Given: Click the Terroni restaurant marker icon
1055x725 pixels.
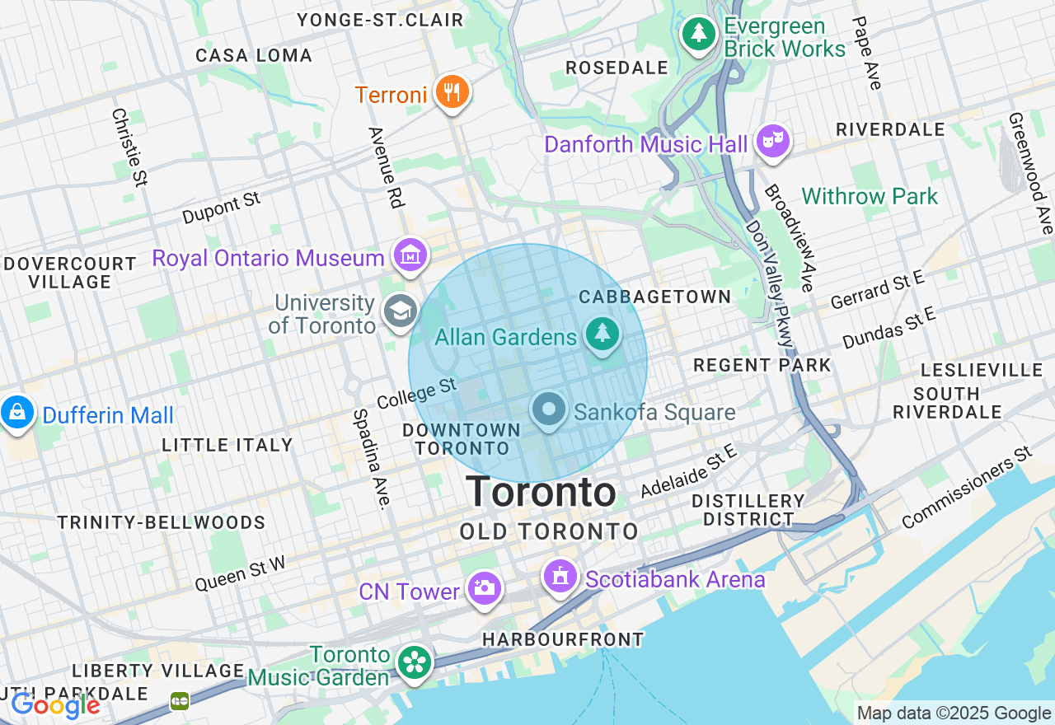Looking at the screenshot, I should pos(451,91).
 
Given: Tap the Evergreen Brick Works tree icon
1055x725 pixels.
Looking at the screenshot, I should pos(699,34).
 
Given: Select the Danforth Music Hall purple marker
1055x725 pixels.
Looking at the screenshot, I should pos(772,141).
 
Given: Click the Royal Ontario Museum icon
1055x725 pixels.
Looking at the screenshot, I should pos(410,256).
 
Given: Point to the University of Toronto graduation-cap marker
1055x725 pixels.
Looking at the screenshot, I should pos(401,311).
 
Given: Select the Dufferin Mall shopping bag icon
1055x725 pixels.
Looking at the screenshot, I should pos(16,412).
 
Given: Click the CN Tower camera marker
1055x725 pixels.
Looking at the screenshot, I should pos(484,588).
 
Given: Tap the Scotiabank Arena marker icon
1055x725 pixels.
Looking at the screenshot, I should pos(560,577).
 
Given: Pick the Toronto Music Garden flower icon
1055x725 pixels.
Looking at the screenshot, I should pos(414,662).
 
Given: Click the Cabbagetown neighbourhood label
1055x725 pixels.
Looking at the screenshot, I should pos(654,297).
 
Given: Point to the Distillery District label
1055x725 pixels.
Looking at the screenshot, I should pos(748,510).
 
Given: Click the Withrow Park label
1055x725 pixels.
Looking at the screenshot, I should pos(870,197).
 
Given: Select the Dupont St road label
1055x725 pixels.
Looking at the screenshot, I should pos(221,208).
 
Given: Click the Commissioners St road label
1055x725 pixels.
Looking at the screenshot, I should pos(967,488).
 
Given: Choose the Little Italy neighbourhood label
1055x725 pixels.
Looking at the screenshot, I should pos(227,446).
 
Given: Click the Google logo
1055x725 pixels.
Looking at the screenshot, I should pos(55,705).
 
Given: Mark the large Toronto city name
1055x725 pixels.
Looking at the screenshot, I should pos(541,493).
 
